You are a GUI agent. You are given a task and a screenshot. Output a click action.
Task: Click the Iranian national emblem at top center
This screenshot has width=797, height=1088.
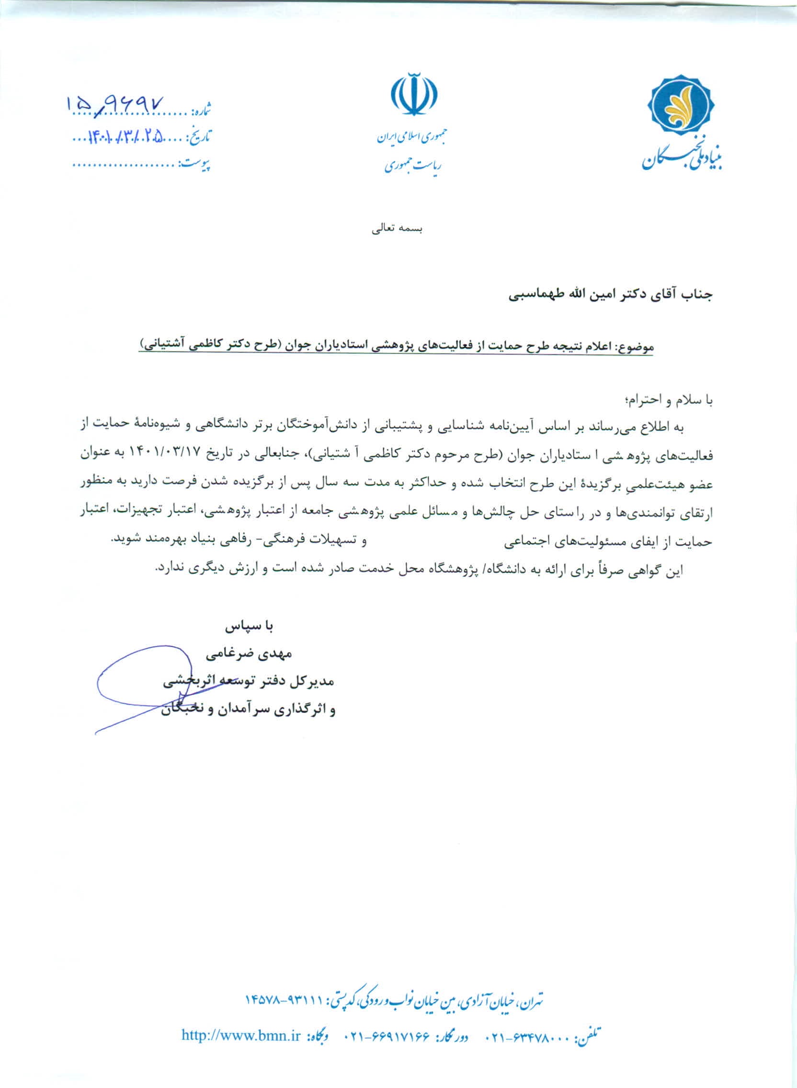point(414,94)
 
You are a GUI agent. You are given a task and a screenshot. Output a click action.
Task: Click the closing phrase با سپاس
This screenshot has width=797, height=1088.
point(249,626)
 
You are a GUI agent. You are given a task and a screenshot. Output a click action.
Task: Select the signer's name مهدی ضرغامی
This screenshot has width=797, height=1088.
point(249,654)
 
